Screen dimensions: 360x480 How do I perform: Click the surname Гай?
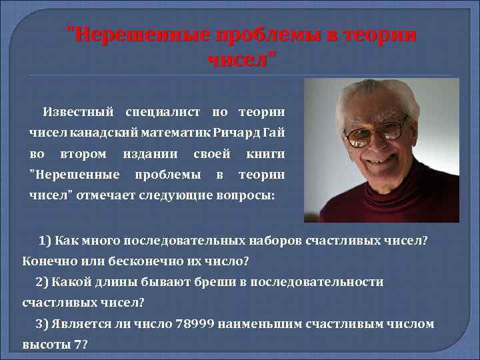coord(274,133)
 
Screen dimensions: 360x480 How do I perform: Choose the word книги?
coord(265,154)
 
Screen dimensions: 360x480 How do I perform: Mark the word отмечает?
coord(107,195)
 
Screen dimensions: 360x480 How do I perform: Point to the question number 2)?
coord(43,282)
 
